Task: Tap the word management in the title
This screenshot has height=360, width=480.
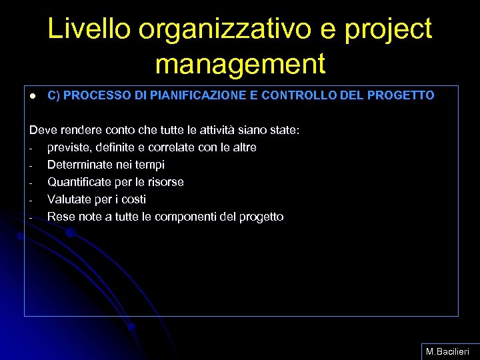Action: click(x=240, y=65)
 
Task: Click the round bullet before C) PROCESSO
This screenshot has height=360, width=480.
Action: click(x=31, y=96)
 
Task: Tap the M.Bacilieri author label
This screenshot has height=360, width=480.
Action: click(x=448, y=351)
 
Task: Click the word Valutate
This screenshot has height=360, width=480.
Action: click(x=67, y=199)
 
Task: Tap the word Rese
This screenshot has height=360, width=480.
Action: click(x=61, y=217)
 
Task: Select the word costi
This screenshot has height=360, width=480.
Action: click(x=133, y=199)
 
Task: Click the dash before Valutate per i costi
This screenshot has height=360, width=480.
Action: click(x=31, y=200)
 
